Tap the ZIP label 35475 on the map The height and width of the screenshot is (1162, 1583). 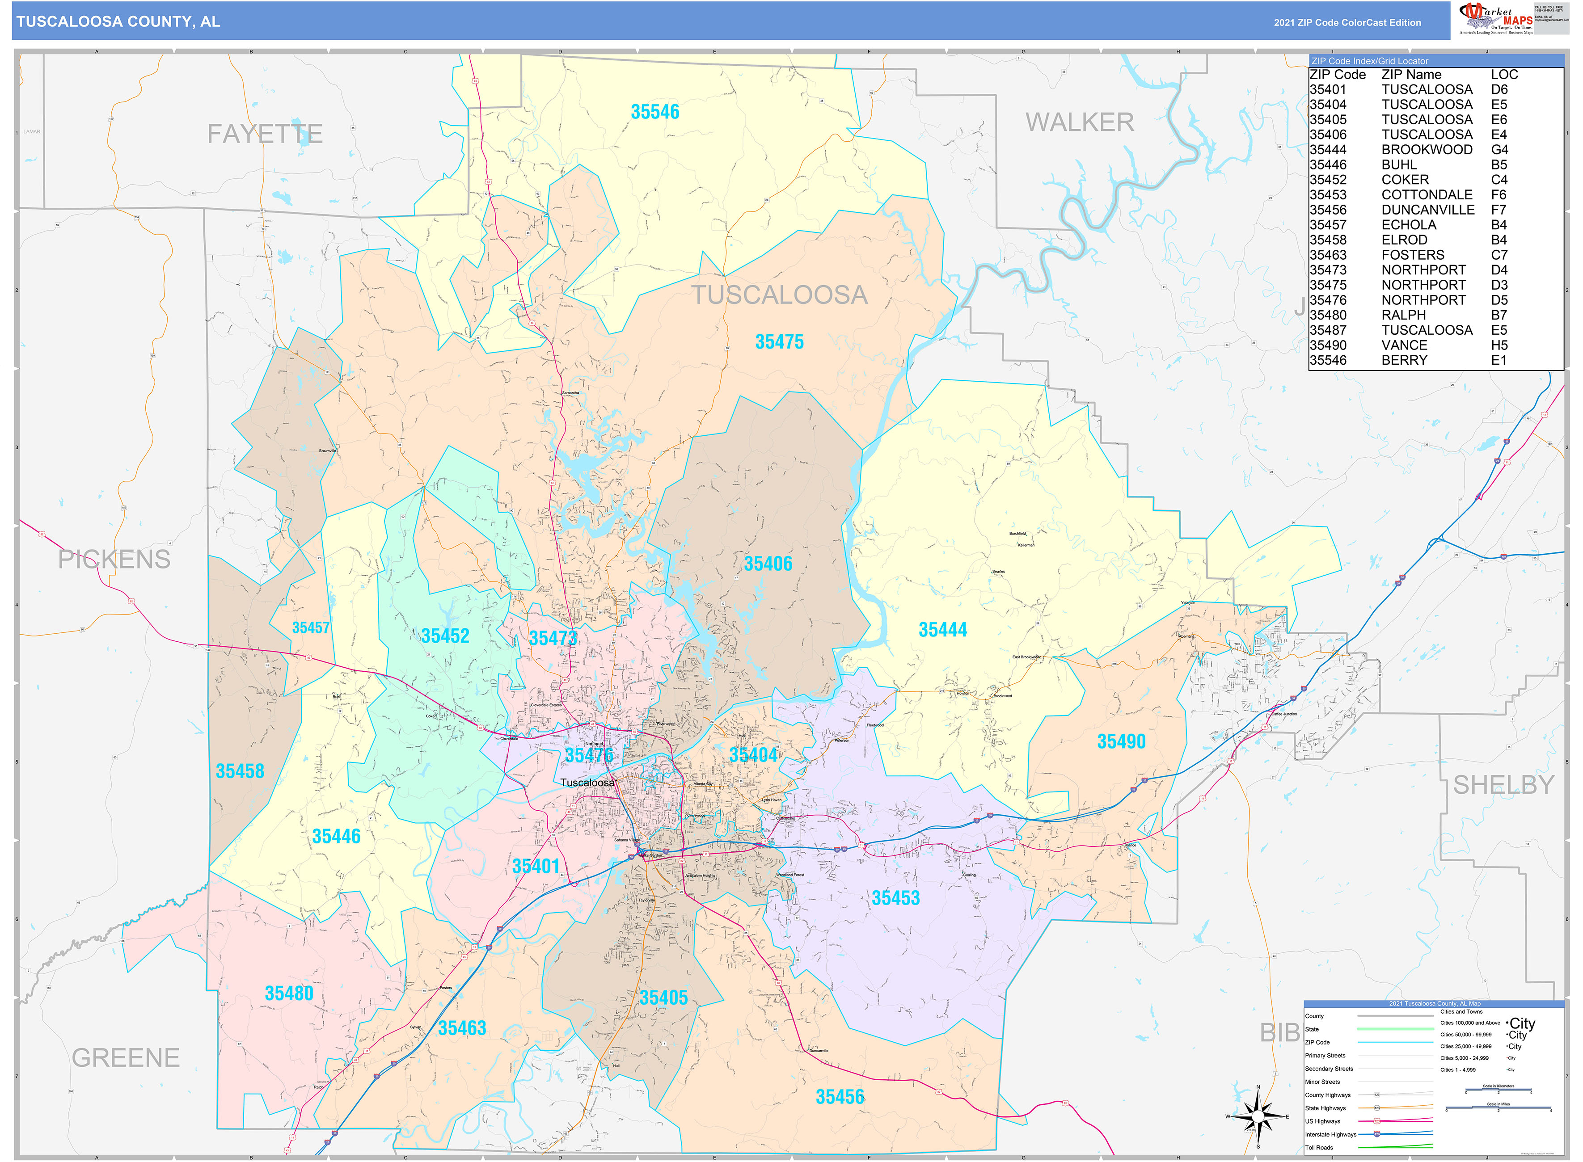779,342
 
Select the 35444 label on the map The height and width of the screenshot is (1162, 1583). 942,630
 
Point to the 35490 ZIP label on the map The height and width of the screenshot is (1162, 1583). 1121,742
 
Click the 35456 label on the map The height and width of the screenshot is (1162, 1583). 840,1097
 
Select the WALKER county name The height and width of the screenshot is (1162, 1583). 1079,122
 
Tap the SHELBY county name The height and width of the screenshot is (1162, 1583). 1503,785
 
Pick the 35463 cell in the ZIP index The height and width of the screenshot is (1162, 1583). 1328,255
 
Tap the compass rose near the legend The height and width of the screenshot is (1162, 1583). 1258,1116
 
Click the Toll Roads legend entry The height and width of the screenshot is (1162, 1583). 1319,1147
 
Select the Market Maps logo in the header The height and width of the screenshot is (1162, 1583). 1494,18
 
